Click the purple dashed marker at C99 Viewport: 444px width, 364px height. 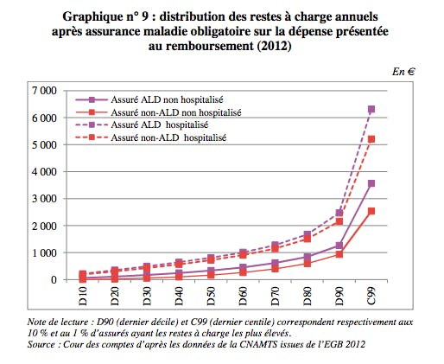371,109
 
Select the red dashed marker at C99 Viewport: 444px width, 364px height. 371,139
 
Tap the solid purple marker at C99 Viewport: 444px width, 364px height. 371,183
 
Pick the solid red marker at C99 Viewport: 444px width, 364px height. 371,211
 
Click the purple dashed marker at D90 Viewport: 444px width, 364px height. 339,213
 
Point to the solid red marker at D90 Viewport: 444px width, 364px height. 339,254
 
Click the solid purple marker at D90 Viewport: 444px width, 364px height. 339,246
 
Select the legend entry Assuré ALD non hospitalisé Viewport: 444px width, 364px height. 149,99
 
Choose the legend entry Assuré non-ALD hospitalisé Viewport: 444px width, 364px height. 150,137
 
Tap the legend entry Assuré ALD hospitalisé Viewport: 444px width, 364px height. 142,125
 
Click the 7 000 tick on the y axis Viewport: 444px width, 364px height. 44,91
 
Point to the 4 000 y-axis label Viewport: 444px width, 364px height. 44,172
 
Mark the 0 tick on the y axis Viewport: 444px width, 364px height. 54,280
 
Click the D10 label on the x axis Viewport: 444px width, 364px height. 83,296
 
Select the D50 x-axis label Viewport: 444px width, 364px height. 211,296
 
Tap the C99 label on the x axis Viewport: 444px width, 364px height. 371,296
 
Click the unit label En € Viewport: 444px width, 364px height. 403,72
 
